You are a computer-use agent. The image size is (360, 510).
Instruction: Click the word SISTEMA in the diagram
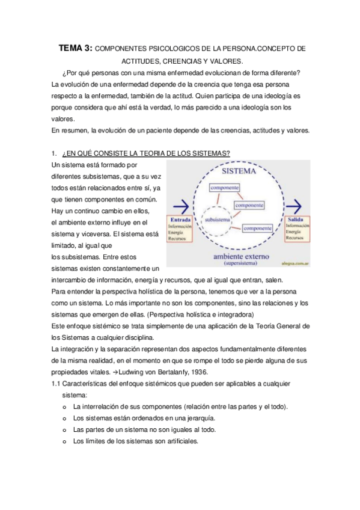(x=240, y=171)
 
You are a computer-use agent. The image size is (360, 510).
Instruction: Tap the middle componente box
(x=249, y=206)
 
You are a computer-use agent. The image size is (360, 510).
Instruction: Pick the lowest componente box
(x=258, y=228)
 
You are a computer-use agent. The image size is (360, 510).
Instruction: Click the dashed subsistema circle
(x=218, y=221)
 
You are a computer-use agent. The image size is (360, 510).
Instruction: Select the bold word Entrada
(x=182, y=220)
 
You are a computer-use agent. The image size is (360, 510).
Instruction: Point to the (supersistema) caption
(x=240, y=263)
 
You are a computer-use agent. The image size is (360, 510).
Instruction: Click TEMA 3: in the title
(x=75, y=48)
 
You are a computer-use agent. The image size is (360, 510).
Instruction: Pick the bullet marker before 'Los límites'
(x=64, y=441)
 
